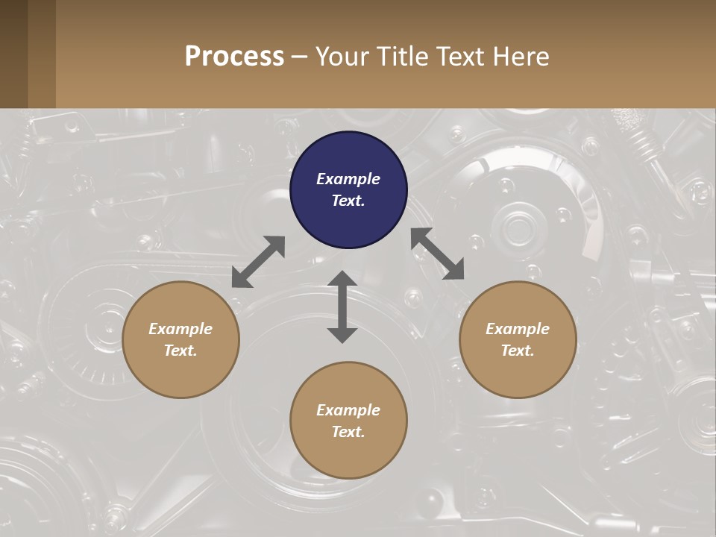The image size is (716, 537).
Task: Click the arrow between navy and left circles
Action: tap(258, 262)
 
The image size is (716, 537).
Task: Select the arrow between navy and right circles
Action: tap(438, 254)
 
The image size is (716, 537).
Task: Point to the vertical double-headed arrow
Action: tap(342, 307)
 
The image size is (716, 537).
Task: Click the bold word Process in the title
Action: tap(234, 57)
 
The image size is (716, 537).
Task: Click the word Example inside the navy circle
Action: tap(348, 179)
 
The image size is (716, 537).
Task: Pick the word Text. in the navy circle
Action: tap(348, 201)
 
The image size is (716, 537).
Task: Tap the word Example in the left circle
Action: tap(180, 329)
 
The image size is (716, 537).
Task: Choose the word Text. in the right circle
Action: tap(518, 351)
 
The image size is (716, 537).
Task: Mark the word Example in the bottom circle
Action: tap(348, 410)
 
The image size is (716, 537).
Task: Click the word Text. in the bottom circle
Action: tap(348, 432)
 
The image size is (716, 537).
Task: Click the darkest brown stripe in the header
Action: tap(13, 54)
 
